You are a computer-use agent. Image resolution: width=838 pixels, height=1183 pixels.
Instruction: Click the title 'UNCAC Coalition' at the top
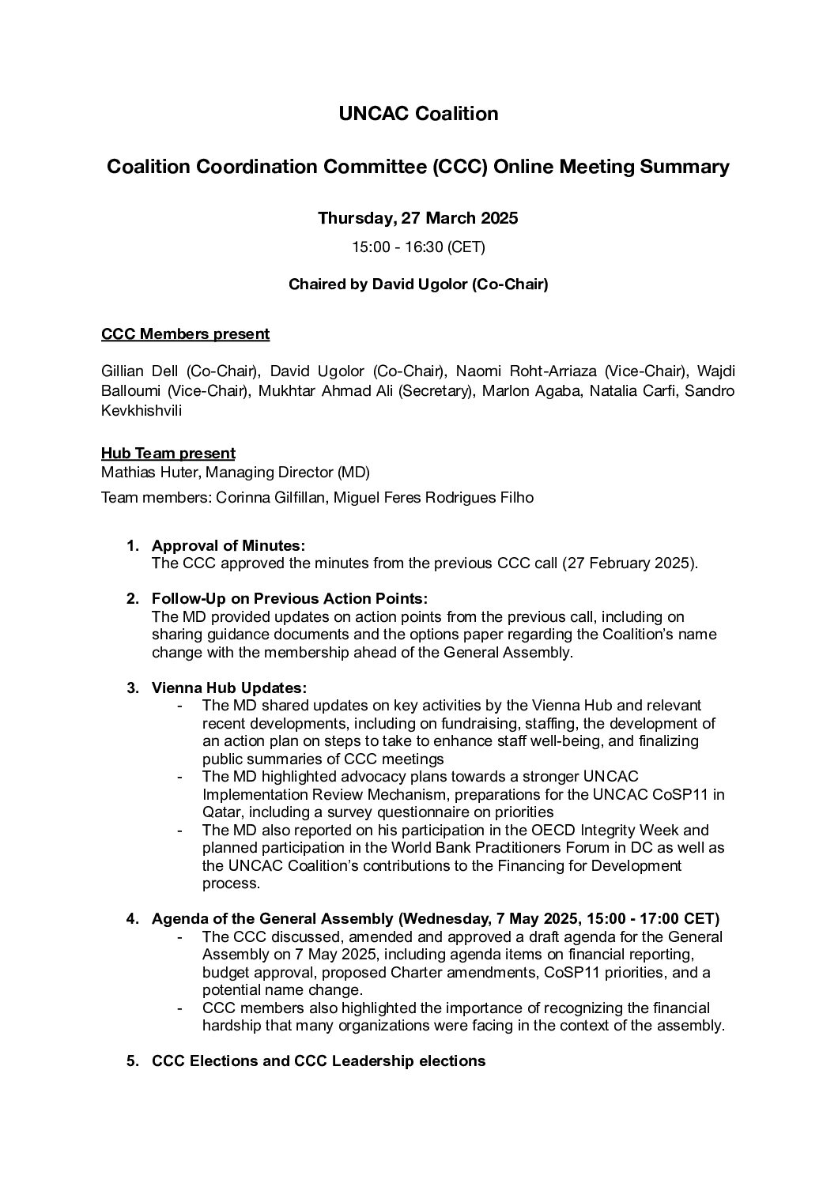pos(418,114)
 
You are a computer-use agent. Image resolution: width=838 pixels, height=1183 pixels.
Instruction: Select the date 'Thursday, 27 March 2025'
pos(418,218)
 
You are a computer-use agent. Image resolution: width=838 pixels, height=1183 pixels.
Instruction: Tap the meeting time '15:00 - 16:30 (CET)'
pos(418,247)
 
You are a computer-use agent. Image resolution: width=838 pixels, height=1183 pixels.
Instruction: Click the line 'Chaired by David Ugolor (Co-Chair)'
pos(418,284)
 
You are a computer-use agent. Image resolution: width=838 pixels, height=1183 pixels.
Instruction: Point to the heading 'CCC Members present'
pos(185,334)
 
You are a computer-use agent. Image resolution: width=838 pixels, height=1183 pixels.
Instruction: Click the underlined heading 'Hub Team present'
pos(168,454)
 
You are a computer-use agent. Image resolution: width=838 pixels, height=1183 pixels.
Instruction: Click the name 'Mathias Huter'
pos(138,473)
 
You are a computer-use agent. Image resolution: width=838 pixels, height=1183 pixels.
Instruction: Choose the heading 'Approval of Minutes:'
pos(228,546)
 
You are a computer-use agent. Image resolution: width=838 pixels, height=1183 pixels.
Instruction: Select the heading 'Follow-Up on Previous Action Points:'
pos(289,599)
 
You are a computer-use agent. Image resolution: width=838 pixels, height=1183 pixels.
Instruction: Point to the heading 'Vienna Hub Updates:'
pos(229,688)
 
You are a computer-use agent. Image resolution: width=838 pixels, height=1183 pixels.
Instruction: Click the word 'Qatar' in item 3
pos(221,812)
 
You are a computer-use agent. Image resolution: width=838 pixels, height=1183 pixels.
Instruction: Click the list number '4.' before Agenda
pos(133,919)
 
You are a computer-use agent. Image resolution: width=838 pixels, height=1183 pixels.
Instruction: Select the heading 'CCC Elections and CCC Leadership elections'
pos(319,1061)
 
